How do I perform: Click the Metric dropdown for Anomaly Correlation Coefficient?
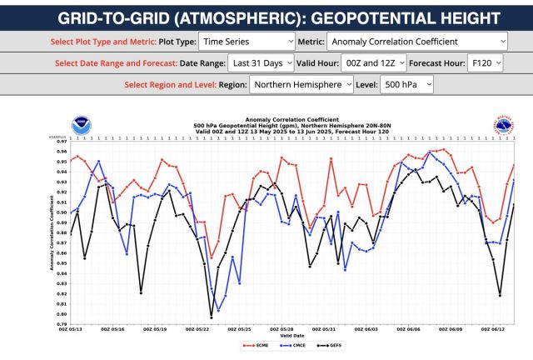[416, 40]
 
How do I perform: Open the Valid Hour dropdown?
[376, 62]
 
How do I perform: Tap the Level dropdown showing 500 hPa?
[405, 84]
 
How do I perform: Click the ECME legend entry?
[253, 345]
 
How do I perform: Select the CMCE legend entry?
[292, 345]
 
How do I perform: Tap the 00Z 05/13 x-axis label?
[70, 330]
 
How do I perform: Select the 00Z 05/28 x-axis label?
[283, 330]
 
